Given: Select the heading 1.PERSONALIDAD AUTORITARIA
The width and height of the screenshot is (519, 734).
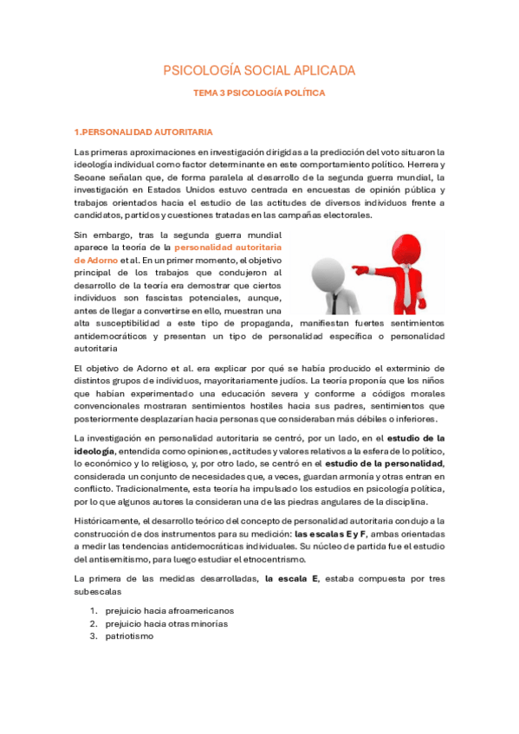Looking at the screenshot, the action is click(144, 132).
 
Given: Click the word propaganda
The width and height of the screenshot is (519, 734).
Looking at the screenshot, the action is click(230, 323).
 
